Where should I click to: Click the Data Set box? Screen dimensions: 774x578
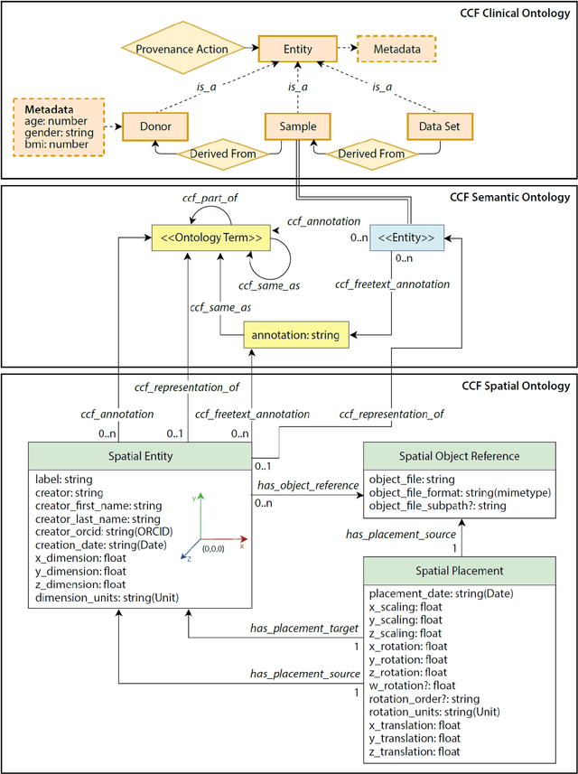[439, 127]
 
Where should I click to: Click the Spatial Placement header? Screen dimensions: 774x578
[459, 571]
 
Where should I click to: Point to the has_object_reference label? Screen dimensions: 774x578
[308, 486]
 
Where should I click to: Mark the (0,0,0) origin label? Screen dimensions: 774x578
[214, 548]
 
